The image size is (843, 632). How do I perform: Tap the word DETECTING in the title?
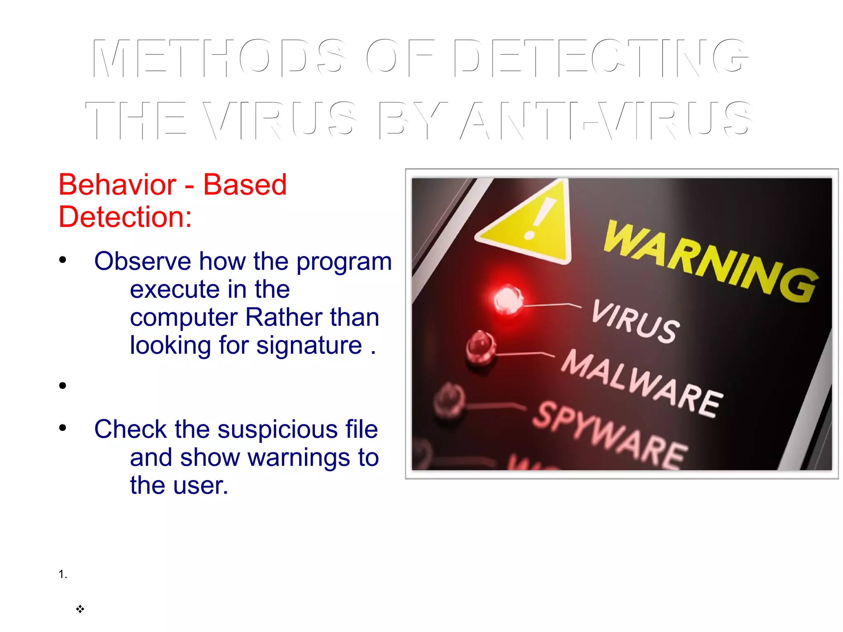tap(601, 58)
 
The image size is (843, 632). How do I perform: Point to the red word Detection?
tap(125, 217)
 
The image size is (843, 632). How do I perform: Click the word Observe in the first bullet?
tap(142, 261)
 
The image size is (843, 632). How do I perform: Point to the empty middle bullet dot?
tap(63, 385)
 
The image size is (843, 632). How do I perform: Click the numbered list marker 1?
tap(63, 574)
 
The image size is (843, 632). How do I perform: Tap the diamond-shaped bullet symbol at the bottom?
tap(80, 609)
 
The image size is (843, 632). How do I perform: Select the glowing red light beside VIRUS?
tap(508, 299)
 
